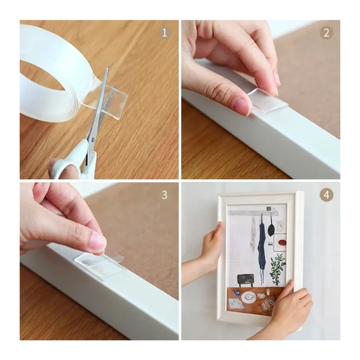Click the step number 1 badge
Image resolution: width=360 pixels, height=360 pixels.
[164, 32]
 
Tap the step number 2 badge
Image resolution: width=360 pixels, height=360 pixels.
[326, 33]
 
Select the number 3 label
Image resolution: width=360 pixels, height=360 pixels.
[164, 195]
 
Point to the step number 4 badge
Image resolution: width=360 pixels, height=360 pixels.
[326, 195]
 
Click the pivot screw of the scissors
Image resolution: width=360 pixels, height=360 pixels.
[93, 139]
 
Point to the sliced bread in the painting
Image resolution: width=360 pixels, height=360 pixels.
[268, 303]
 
